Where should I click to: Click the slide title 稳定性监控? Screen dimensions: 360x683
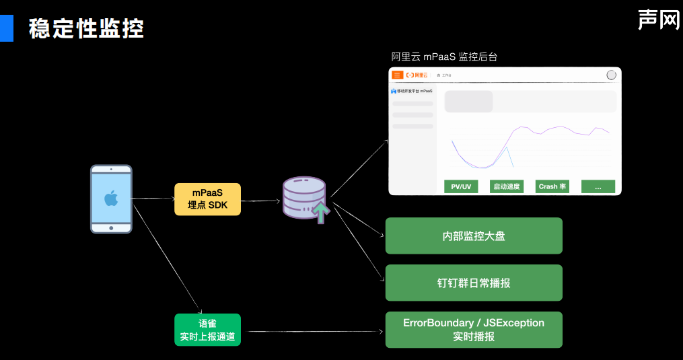click(x=86, y=29)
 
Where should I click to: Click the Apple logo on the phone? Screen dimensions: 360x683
click(x=111, y=198)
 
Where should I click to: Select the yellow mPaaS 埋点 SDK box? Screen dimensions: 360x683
click(x=207, y=199)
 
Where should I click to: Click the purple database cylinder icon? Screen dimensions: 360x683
click(x=303, y=196)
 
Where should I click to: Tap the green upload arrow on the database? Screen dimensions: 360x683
click(x=322, y=212)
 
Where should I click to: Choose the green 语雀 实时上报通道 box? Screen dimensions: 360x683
click(x=208, y=330)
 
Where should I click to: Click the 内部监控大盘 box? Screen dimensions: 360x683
click(x=474, y=236)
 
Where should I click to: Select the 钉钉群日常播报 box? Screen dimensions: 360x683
click(x=474, y=283)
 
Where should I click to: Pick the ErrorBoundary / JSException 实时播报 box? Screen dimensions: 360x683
click(x=474, y=330)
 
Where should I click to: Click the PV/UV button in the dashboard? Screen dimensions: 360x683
click(x=461, y=186)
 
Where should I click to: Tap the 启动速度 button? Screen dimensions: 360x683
click(x=507, y=186)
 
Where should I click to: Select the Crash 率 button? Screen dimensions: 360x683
click(x=552, y=186)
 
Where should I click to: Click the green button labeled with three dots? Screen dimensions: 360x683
click(x=598, y=186)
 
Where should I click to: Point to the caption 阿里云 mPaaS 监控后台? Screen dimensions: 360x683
click(x=444, y=57)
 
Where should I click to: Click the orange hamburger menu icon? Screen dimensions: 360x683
click(x=398, y=75)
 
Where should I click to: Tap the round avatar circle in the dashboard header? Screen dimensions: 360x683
click(x=611, y=75)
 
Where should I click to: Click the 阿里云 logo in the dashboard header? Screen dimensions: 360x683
click(x=417, y=75)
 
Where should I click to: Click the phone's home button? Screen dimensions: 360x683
click(x=111, y=227)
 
